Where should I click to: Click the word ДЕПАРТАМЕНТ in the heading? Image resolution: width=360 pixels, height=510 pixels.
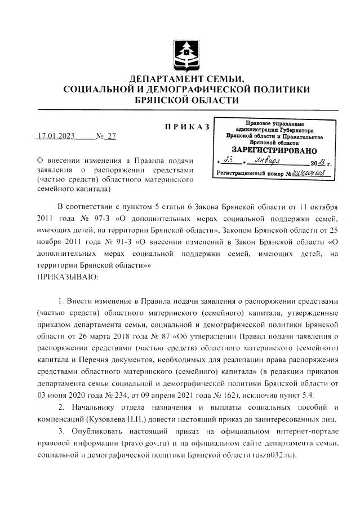163,78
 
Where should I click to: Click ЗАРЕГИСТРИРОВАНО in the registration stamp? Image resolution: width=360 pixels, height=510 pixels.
274,151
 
